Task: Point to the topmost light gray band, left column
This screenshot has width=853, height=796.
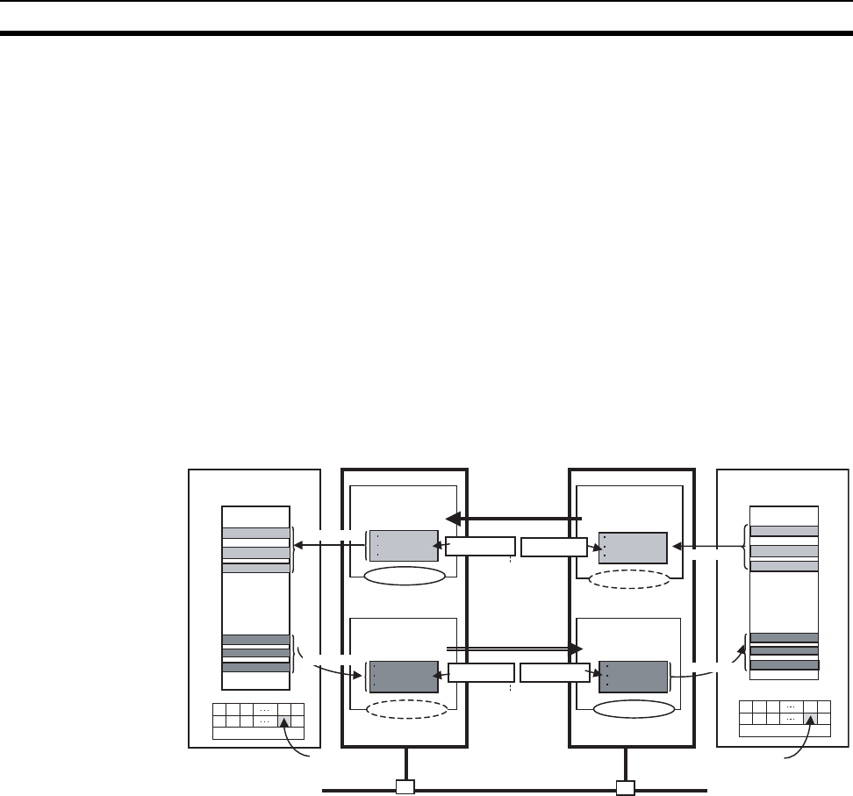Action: [x=256, y=533]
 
